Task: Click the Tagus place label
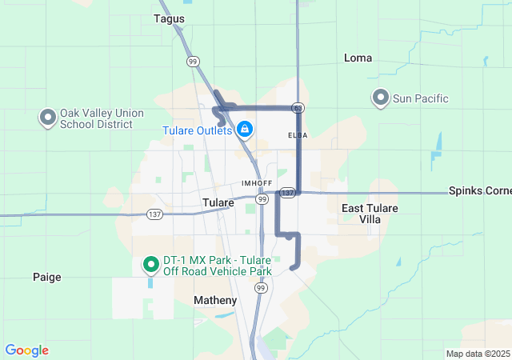(169, 18)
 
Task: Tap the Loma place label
(358, 58)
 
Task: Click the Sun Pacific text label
(420, 98)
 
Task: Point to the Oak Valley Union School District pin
(46, 118)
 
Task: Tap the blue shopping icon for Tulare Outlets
(244, 129)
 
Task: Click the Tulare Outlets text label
(198, 130)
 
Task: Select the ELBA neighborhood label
(298, 135)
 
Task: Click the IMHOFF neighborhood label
(257, 183)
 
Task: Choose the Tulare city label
(218, 202)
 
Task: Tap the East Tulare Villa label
(370, 213)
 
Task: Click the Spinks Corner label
(480, 191)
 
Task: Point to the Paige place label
(46, 277)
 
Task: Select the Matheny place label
(216, 300)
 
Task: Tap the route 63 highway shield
(297, 107)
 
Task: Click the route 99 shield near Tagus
(193, 61)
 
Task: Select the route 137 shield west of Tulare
(154, 214)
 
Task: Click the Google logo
(26, 350)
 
